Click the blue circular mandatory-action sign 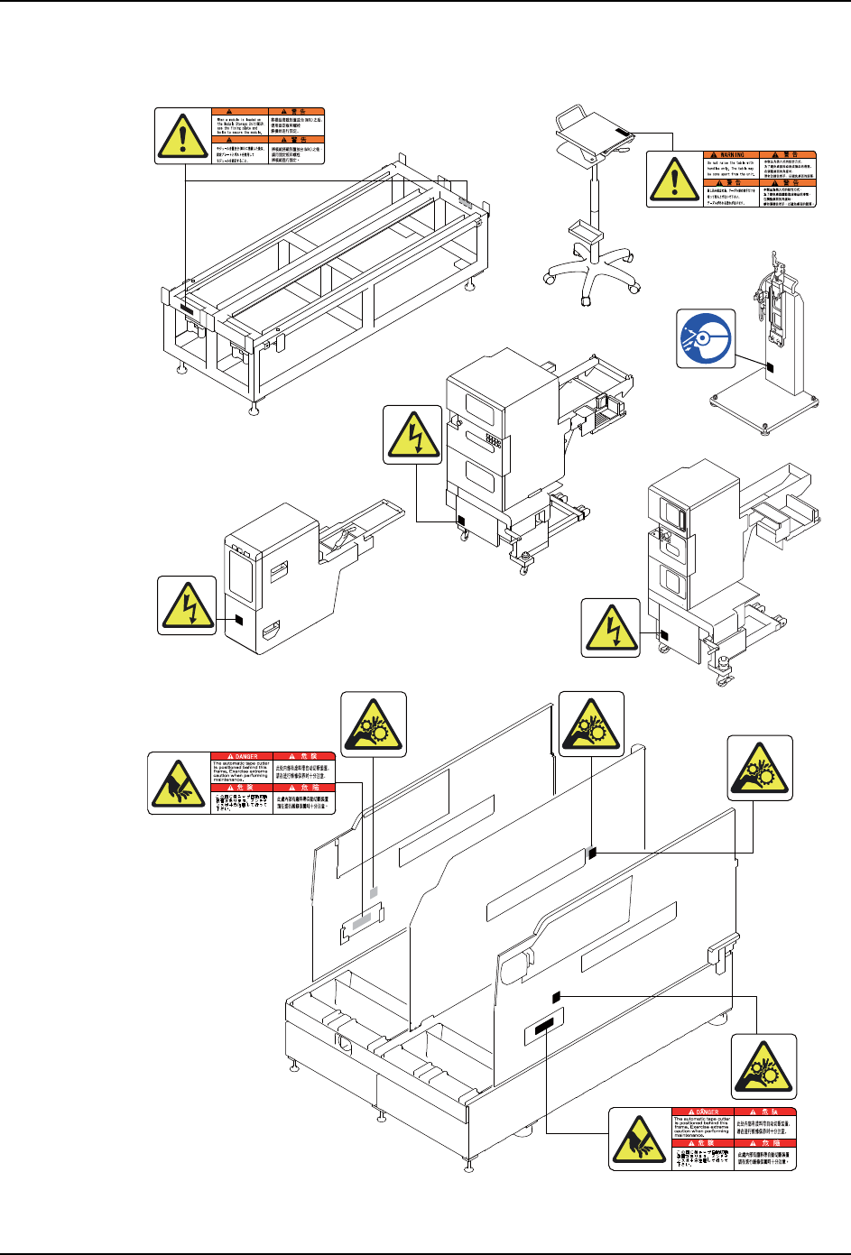[707, 337]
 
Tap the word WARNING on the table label [731, 155]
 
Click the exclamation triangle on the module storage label [182, 135]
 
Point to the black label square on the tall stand [769, 368]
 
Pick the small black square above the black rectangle [556, 996]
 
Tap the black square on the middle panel [592, 853]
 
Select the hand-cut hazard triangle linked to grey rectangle [179, 782]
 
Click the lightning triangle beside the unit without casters [187, 604]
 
